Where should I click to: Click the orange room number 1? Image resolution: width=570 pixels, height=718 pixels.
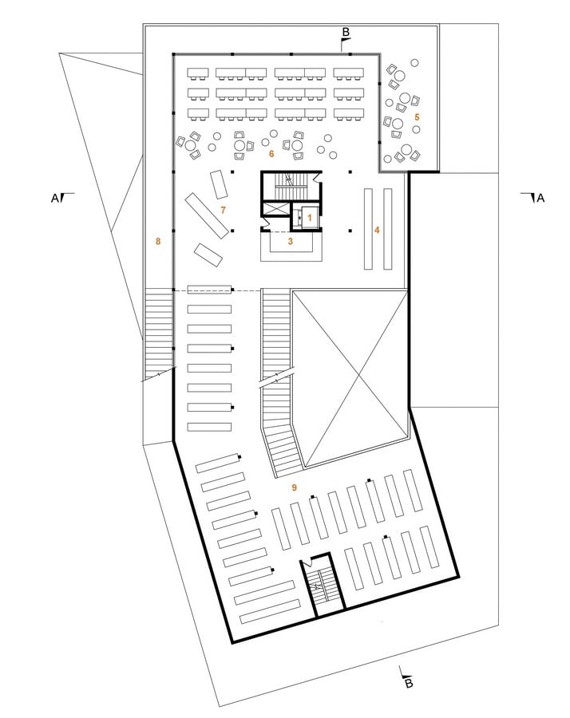(309, 218)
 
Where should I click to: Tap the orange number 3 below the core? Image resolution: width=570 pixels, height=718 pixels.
(290, 241)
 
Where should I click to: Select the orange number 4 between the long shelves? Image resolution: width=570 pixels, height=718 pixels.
(377, 230)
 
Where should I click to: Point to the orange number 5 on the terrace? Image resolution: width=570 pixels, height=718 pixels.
(417, 117)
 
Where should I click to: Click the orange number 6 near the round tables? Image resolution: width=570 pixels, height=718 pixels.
(271, 154)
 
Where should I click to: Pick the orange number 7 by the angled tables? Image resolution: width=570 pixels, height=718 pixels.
(224, 210)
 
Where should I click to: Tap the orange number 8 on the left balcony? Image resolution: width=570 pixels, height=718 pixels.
(158, 241)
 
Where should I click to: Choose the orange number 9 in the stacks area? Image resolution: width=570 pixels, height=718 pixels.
(294, 487)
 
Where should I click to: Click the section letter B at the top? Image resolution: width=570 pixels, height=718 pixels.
(346, 32)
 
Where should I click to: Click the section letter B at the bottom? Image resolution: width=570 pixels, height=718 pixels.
(410, 684)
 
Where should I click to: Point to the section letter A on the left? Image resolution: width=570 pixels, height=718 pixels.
(54, 199)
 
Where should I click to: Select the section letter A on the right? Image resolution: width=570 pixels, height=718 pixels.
(540, 199)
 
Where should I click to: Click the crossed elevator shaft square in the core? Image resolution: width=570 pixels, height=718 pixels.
(276, 210)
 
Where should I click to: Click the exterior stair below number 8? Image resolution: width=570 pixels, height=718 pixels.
(159, 333)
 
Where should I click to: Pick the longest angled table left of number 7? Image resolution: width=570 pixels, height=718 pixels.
(207, 215)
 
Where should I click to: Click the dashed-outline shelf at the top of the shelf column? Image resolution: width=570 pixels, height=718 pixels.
(209, 290)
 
